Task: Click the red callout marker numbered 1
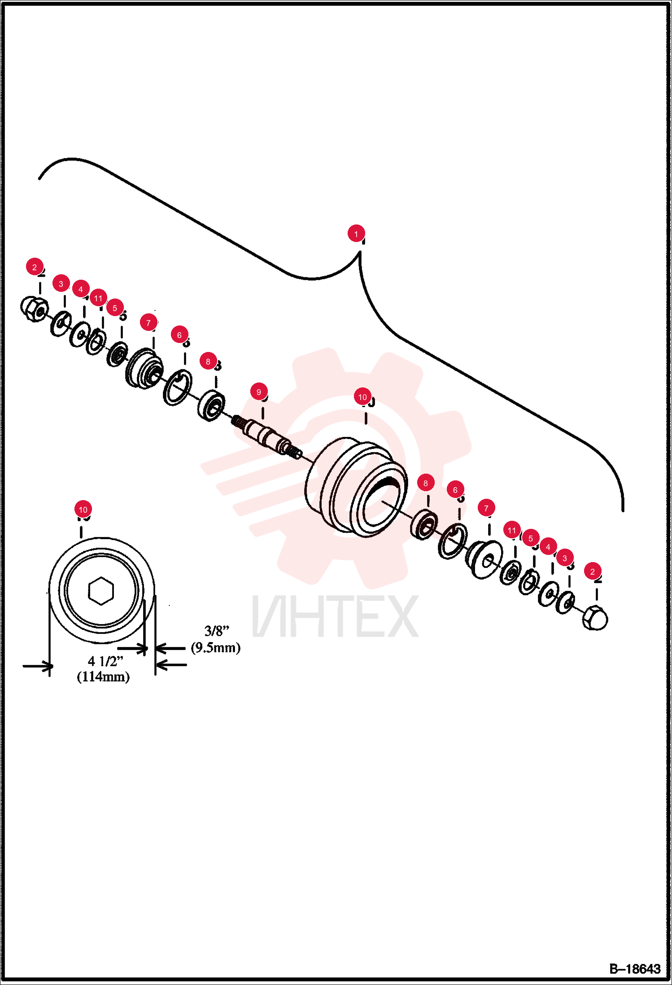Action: point(356,233)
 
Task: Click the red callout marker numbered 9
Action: point(259,392)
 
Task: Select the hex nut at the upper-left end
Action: point(35,308)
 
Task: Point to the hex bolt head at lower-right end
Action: point(595,618)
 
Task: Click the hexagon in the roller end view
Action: point(101,591)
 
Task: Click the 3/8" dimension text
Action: point(217,631)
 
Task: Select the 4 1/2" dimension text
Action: point(105,661)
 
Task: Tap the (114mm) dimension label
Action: point(103,677)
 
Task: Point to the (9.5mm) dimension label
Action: point(216,647)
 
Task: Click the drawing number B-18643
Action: point(635,969)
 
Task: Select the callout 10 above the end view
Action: point(83,510)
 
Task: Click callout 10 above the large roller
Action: point(362,397)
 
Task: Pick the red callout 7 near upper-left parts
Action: point(148,323)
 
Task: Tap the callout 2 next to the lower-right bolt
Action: point(593,572)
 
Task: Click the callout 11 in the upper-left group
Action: point(98,298)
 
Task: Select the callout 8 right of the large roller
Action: point(426,483)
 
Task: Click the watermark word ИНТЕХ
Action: point(336,616)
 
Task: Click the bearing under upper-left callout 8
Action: point(211,405)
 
